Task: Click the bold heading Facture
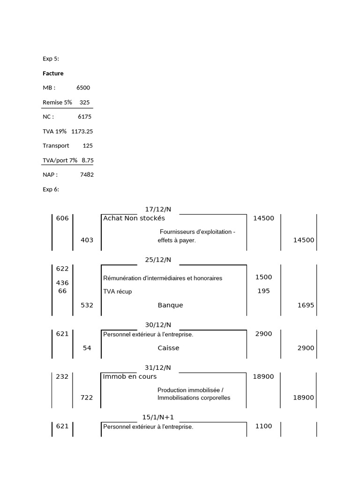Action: click(x=53, y=74)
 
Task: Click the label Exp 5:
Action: click(x=51, y=59)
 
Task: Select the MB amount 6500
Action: click(x=83, y=88)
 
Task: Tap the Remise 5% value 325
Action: click(x=84, y=102)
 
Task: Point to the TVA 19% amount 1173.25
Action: click(x=82, y=131)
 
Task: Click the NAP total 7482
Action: click(x=86, y=175)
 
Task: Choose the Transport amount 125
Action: click(x=88, y=146)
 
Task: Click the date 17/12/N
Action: click(x=158, y=210)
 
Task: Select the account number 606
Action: click(x=62, y=218)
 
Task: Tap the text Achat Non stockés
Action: click(x=134, y=218)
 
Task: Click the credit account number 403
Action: click(x=87, y=240)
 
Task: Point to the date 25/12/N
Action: click(x=158, y=260)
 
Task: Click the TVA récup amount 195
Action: click(x=263, y=291)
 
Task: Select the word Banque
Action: click(x=170, y=305)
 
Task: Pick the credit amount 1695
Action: click(x=306, y=305)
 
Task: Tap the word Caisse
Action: click(x=168, y=348)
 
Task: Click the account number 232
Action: click(x=62, y=377)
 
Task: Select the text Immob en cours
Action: click(x=130, y=377)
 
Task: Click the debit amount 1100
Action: click(x=263, y=427)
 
